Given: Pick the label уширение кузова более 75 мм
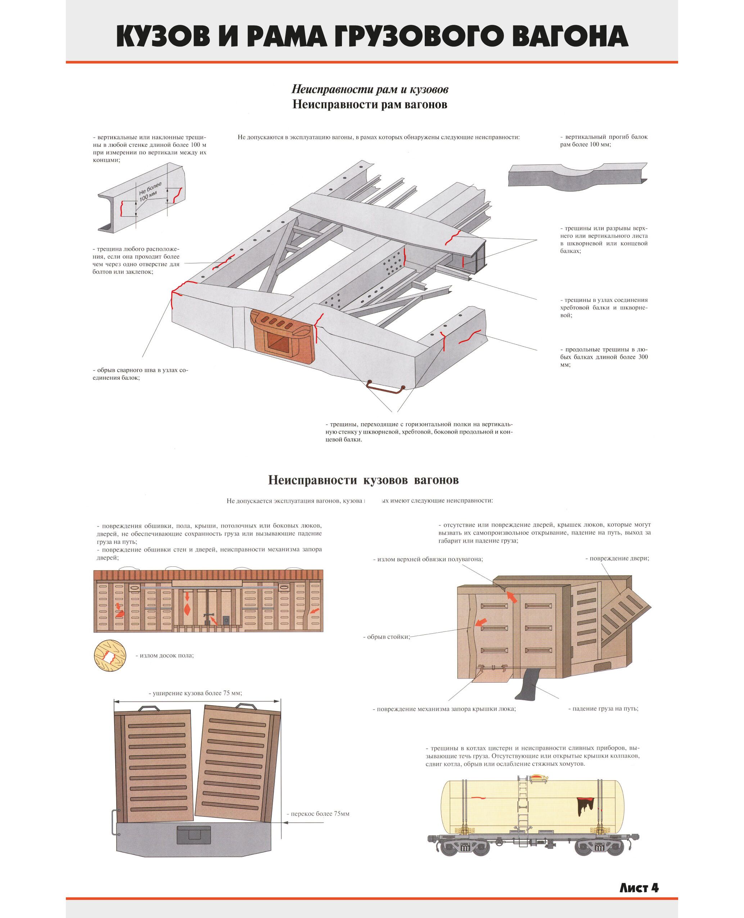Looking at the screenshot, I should click(x=198, y=693).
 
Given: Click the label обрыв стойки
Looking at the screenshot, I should click(x=387, y=637).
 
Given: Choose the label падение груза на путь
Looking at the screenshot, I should click(x=605, y=709).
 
